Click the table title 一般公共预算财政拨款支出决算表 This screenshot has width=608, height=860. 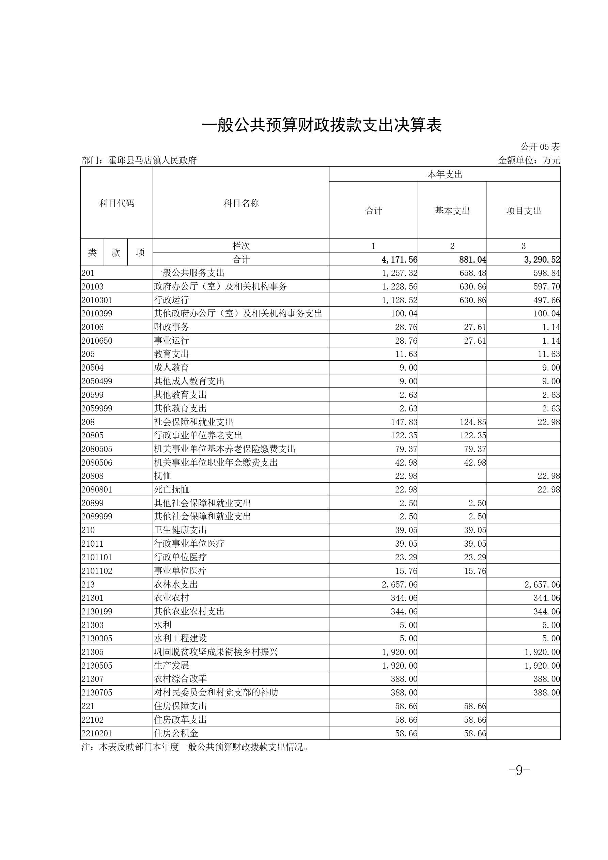point(322,125)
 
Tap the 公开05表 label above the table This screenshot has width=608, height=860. point(540,147)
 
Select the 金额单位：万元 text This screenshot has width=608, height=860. point(529,161)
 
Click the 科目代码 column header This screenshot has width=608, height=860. point(116,203)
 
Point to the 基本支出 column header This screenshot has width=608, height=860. point(452,211)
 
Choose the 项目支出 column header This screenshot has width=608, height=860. point(523,211)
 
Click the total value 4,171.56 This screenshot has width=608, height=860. point(399,260)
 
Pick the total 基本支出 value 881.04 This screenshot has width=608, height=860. point(472,260)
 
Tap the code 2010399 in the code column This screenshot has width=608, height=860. point(97,313)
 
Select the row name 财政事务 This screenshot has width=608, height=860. point(171,327)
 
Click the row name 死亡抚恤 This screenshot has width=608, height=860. point(171,489)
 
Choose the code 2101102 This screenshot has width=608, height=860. point(97,571)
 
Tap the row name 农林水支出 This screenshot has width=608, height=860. point(176,584)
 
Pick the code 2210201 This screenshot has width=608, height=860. point(97,733)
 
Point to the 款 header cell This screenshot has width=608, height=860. point(116,252)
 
